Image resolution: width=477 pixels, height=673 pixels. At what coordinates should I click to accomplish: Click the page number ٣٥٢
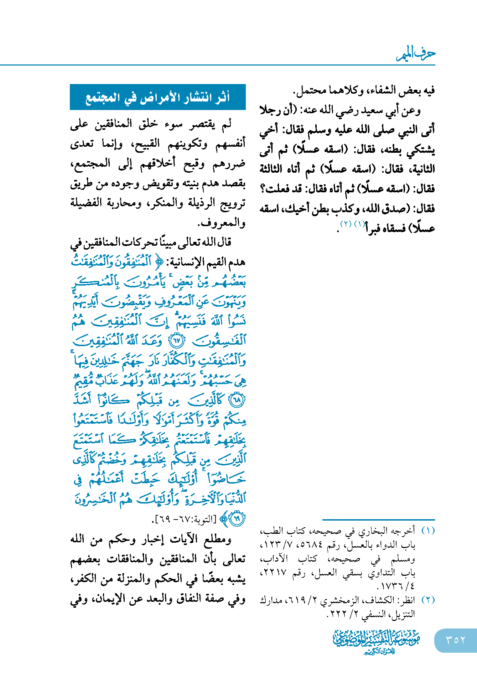click(456, 640)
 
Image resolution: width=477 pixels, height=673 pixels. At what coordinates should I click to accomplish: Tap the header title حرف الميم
click(416, 54)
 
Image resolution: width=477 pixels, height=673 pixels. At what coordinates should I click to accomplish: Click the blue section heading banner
click(158, 97)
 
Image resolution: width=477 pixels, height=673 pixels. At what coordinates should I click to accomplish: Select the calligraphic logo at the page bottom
click(376, 641)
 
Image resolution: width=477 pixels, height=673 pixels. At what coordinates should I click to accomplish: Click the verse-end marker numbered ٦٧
click(177, 341)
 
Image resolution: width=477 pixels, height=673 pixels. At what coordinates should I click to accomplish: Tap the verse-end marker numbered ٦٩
click(237, 518)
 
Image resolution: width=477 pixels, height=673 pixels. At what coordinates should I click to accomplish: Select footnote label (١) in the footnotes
click(428, 531)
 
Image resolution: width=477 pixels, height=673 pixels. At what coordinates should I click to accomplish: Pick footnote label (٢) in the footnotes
click(428, 600)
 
